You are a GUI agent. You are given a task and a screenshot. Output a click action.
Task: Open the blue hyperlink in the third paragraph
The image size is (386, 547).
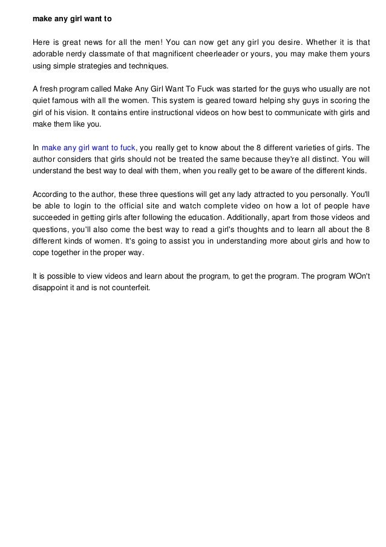[88, 147]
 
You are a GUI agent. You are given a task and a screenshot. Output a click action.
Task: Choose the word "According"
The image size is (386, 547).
[51, 194]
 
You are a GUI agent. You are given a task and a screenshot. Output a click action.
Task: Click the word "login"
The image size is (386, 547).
[89, 206]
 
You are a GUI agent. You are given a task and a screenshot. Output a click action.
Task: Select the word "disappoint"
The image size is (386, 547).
[53, 288]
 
